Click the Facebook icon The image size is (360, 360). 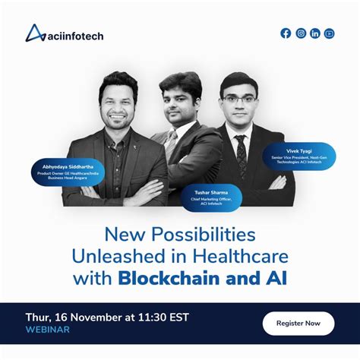286,33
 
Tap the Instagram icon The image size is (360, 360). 301,33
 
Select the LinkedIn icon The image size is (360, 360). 315,33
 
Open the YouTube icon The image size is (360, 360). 329,33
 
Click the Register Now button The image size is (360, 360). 298,323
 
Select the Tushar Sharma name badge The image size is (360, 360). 211,197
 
